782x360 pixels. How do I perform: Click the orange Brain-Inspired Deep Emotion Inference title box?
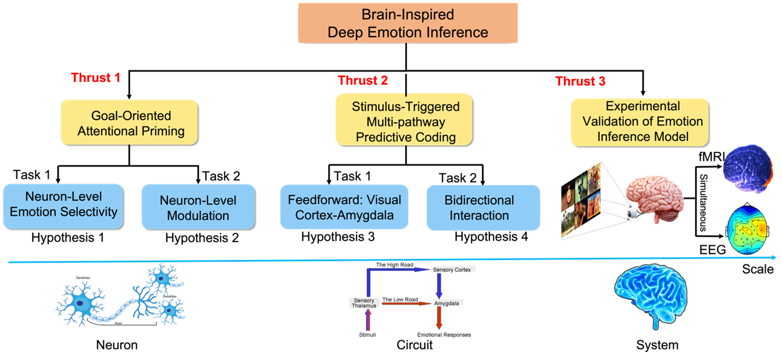407,23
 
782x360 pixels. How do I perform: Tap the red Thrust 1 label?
95,78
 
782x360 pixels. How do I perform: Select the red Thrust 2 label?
363,81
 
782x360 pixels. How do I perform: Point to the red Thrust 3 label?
580,82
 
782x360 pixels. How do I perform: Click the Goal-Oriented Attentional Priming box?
129,123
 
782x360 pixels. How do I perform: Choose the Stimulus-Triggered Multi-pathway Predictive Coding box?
405,121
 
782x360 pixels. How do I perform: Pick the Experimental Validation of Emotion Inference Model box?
639,121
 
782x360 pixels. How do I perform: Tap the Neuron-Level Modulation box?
198,207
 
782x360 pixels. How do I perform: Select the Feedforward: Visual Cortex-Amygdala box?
344,207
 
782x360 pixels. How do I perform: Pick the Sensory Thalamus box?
364,303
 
